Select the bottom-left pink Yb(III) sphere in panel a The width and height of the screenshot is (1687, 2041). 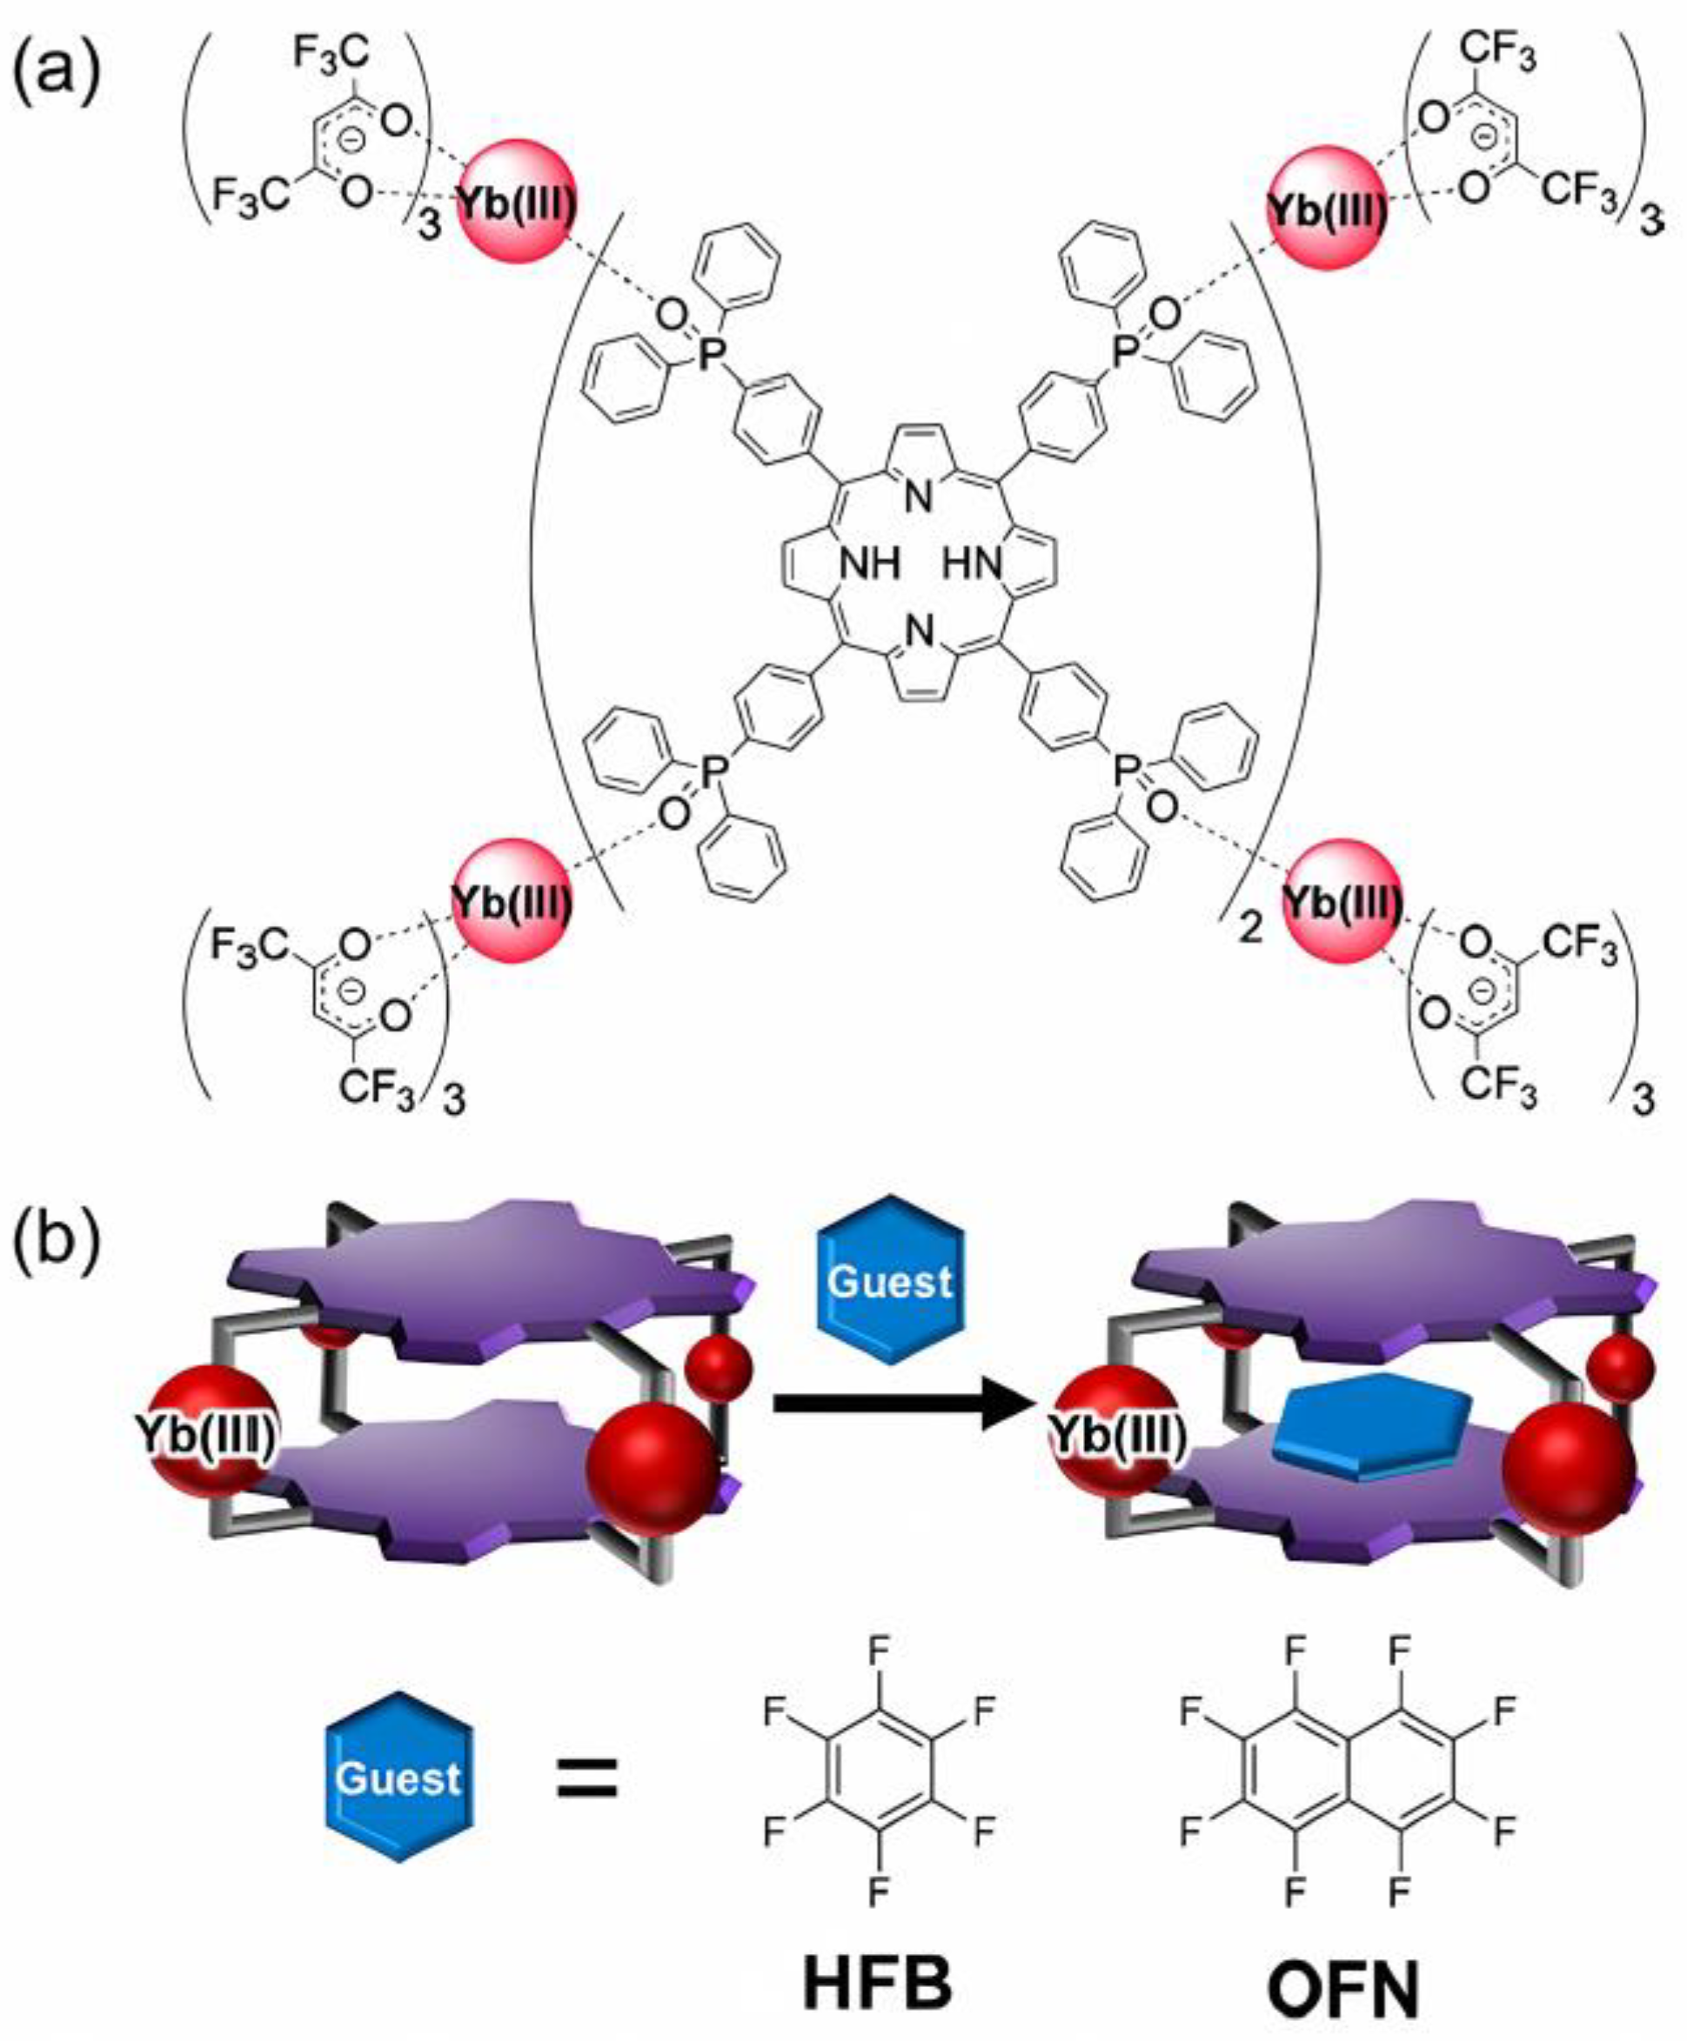pyautogui.click(x=512, y=902)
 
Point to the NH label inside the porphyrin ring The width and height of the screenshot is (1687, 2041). pyautogui.click(x=870, y=564)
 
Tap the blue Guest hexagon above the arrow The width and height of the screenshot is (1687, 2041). pyautogui.click(x=892, y=1279)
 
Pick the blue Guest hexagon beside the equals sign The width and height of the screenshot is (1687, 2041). pyautogui.click(x=399, y=1777)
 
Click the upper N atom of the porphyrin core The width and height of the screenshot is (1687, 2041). pyautogui.click(x=919, y=498)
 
